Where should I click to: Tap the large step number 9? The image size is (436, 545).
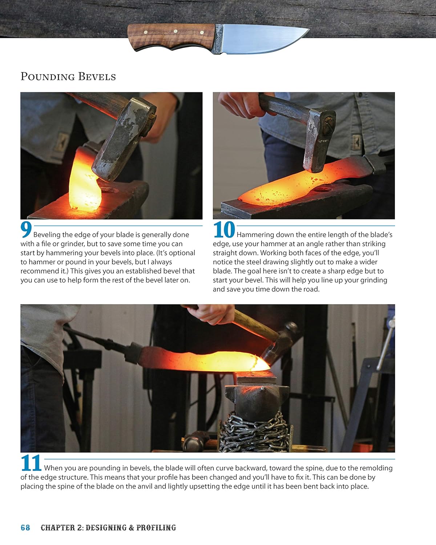pyautogui.click(x=26, y=230)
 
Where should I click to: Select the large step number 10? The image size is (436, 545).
pyautogui.click(x=224, y=230)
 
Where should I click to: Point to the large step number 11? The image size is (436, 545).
pyautogui.click(x=31, y=464)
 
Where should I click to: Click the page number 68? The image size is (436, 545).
pyautogui.click(x=25, y=528)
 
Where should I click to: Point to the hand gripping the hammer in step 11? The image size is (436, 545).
pyautogui.click(x=214, y=312)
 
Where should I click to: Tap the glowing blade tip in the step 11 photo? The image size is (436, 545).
pyautogui.click(x=260, y=363)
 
